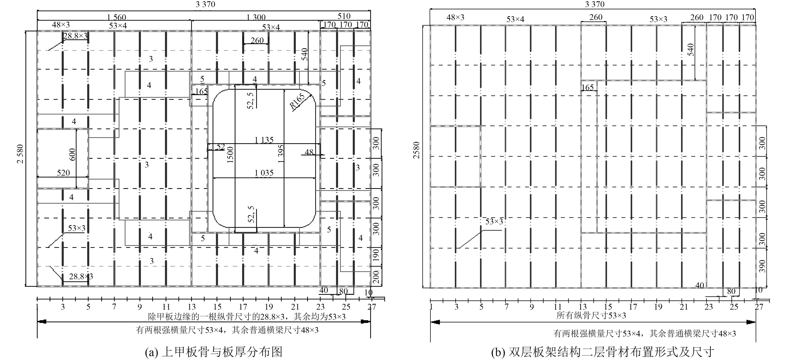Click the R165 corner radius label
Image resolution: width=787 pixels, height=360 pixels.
[297, 101]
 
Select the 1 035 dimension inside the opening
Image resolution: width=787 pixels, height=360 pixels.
[264, 173]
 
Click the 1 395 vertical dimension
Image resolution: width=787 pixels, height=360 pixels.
[281, 154]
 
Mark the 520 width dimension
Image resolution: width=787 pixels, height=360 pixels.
[63, 173]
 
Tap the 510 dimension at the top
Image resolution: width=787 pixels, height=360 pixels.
[344, 16]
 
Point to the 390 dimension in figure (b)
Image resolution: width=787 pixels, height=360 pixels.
[763, 266]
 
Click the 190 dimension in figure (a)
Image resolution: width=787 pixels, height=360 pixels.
[376, 255]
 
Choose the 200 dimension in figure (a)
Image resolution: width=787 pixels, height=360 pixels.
[376, 277]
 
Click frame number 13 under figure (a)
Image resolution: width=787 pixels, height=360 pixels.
[192, 307]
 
